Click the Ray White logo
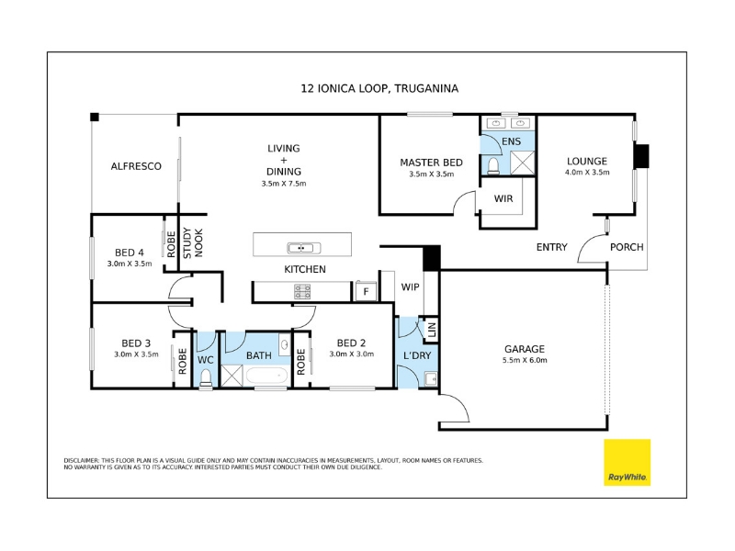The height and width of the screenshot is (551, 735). coord(627,462)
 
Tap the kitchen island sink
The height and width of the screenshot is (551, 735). coord(304,248)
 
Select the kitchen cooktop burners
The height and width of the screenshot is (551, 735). coord(302,291)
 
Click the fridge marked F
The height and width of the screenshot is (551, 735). coord(366,291)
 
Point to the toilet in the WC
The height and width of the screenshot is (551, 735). coord(206,378)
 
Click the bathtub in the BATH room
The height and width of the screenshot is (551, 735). coord(266,377)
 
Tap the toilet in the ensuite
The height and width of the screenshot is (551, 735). coord(493,166)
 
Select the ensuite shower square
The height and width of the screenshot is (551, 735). coord(522,163)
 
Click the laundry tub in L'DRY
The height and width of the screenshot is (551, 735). coord(430,378)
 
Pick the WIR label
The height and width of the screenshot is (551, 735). coord(503,198)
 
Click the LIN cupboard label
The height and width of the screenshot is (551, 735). coord(432,330)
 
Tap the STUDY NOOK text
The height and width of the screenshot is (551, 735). coord(193,242)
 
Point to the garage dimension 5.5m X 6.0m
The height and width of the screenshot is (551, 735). coord(525,360)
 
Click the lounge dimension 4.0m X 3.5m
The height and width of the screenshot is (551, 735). coord(587,172)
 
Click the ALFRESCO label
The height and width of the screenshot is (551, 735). coord(136,166)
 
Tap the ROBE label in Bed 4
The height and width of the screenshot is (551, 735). coord(171,244)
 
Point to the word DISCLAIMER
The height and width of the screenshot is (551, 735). coord(81,461)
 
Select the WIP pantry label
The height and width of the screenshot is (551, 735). coord(410,287)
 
